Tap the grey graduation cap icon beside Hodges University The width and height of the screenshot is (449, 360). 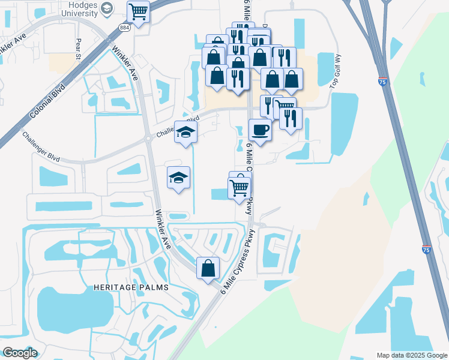pyautogui.click(x=107, y=8)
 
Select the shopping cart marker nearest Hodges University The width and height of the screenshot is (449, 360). pyautogui.click(x=139, y=11)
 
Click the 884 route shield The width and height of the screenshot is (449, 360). pyautogui.click(x=124, y=28)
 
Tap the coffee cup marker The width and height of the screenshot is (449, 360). pyautogui.click(x=260, y=129)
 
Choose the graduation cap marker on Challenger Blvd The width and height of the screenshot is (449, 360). pyautogui.click(x=185, y=132)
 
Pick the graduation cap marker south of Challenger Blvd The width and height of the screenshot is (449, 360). pyautogui.click(x=178, y=177)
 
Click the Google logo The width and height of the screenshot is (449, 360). pyautogui.click(x=19, y=352)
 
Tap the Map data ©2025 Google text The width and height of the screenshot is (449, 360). pyautogui.click(x=412, y=355)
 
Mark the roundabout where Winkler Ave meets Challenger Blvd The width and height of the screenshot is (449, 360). pyautogui.click(x=148, y=139)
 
